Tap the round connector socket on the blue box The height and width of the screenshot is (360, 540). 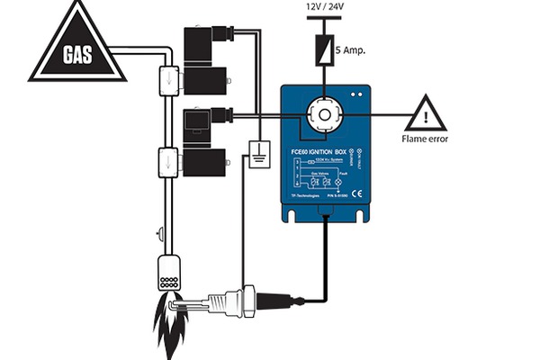tap(323, 115)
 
